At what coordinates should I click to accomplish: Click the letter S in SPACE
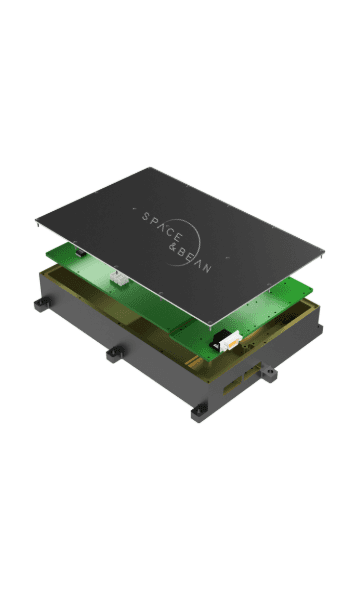click(x=146, y=217)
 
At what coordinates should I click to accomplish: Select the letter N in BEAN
click(x=206, y=268)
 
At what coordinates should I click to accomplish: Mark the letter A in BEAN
click(x=198, y=263)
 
